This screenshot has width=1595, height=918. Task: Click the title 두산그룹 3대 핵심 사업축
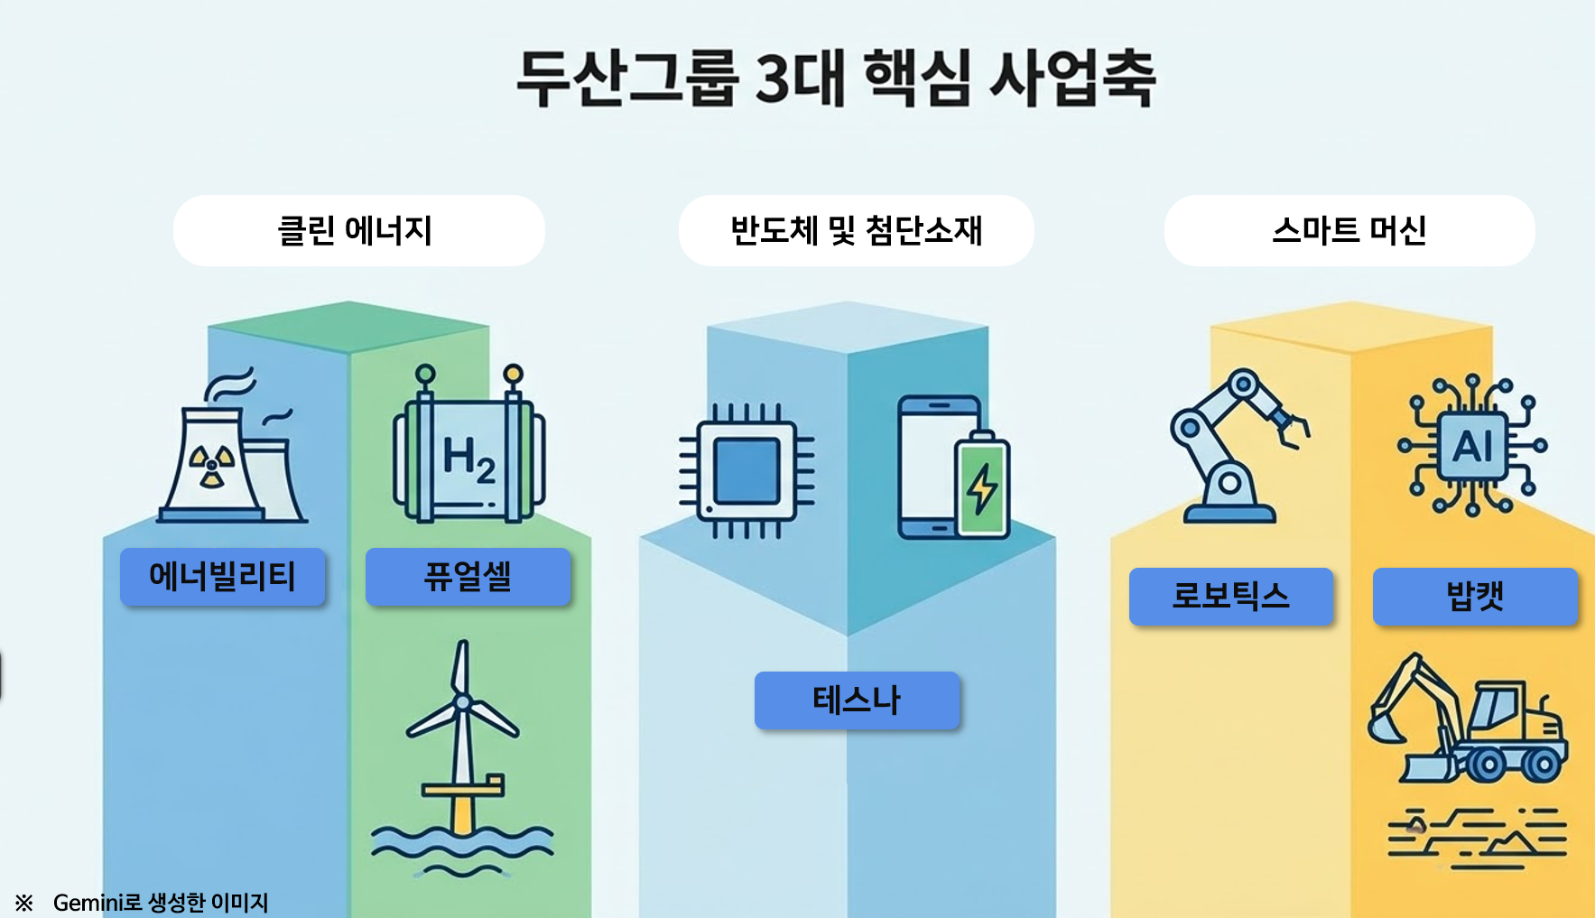point(835,79)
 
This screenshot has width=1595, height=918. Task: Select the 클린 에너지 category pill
point(358,230)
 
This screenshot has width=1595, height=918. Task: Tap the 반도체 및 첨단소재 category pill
point(856,230)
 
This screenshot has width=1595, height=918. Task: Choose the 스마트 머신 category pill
point(1349,230)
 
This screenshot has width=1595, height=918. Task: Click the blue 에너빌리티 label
point(222,576)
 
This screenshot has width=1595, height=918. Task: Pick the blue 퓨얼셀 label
point(468,576)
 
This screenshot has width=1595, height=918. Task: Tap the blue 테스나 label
point(857,700)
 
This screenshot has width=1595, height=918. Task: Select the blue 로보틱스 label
point(1231,596)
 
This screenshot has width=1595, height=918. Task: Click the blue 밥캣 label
point(1475,596)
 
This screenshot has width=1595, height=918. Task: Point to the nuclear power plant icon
point(232,447)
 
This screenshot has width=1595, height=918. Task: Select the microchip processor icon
point(746,470)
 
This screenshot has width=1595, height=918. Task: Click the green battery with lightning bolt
point(982,485)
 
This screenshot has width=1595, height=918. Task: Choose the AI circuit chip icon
point(1472,446)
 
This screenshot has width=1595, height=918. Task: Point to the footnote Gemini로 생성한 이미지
point(161,902)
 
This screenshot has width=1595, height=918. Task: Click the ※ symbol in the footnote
point(24,902)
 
